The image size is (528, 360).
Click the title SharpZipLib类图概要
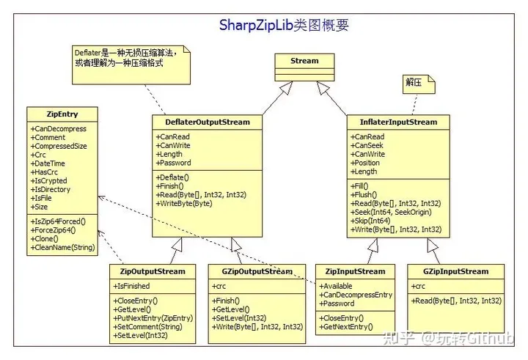[284, 25]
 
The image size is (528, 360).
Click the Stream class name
[304, 61]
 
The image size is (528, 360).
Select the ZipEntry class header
[62, 114]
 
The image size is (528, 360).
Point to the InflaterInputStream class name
[399, 122]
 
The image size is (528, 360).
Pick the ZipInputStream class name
[355, 271]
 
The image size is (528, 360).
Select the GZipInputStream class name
[455, 271]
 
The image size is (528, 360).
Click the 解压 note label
[414, 82]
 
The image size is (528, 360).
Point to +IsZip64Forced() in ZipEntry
[58, 221]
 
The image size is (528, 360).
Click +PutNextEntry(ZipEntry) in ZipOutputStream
[153, 317]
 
